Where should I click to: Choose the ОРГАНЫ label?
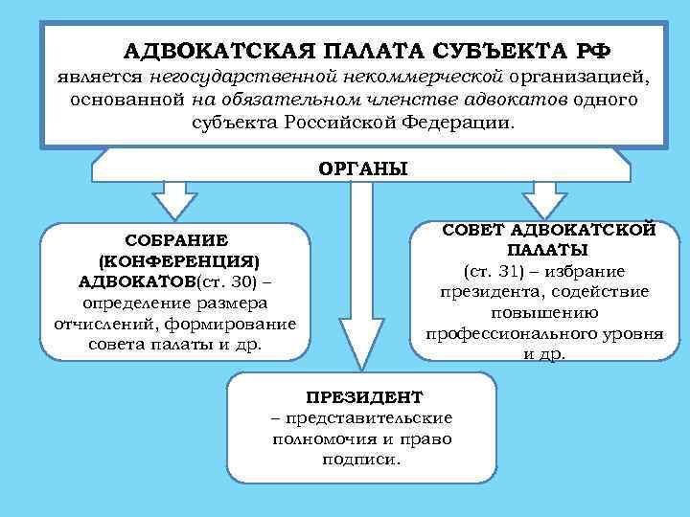(362, 168)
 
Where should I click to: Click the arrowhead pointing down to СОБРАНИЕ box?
(173, 206)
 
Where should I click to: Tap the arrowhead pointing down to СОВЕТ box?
(544, 203)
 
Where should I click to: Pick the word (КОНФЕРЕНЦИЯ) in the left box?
(178, 260)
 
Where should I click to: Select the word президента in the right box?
(482, 291)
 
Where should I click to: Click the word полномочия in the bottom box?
(322, 438)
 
